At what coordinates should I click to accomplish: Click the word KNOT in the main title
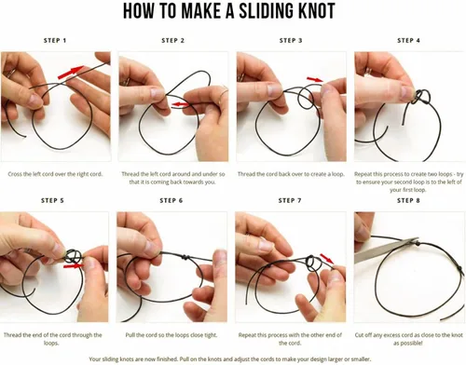click(317, 11)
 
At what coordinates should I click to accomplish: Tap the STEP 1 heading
click(55, 40)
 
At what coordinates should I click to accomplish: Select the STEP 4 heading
click(408, 40)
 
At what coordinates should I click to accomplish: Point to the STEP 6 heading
click(171, 201)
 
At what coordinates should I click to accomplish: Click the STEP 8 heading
click(408, 201)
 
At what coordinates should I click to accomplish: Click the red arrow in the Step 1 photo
click(71, 72)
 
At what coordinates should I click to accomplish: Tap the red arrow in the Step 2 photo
click(180, 104)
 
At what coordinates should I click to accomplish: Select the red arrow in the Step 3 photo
click(315, 80)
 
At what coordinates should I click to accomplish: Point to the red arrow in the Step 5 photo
click(74, 266)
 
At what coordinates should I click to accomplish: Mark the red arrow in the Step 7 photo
click(327, 259)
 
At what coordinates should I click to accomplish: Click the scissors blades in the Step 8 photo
click(387, 250)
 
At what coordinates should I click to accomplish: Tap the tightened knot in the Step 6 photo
click(185, 257)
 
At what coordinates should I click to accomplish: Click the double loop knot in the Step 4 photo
click(422, 97)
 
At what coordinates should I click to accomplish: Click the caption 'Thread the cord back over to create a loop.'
click(291, 174)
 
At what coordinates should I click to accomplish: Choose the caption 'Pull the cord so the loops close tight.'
click(171, 335)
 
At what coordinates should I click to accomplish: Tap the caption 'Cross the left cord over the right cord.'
click(55, 174)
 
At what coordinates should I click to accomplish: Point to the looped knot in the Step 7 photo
click(311, 264)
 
